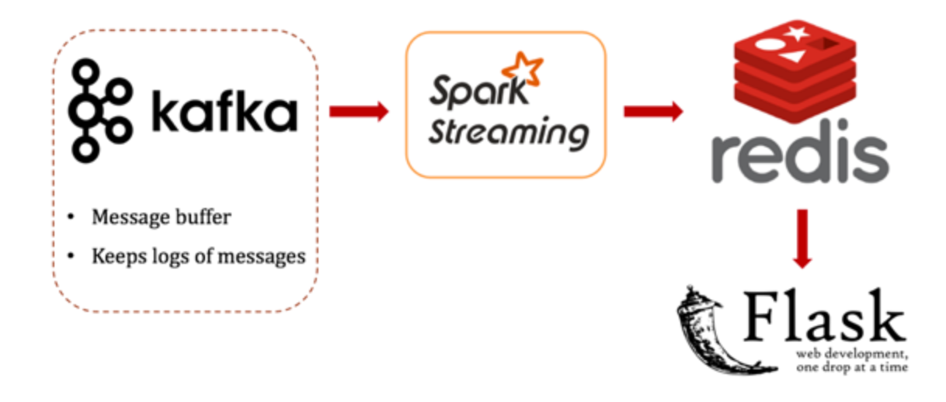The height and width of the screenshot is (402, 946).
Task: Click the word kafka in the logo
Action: (225, 113)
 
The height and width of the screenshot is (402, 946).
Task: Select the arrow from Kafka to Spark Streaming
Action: (358, 112)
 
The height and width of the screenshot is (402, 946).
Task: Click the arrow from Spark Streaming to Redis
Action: (652, 112)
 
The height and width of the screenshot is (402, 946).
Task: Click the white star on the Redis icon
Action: (797, 33)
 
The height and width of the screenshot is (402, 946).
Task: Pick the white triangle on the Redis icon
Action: (791, 55)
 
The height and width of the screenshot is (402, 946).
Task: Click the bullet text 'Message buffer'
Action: (161, 217)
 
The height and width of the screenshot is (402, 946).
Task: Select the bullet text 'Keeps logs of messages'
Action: (198, 256)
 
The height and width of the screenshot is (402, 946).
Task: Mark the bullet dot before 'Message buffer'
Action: (72, 217)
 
